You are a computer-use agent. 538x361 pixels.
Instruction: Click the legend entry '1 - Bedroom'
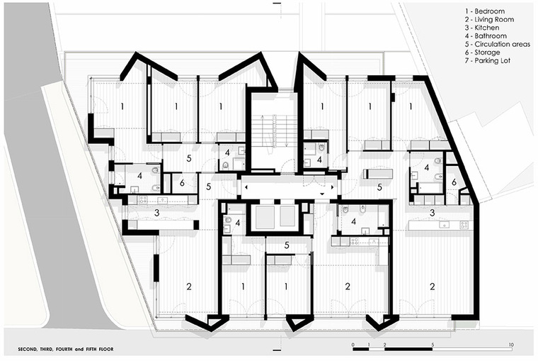(x=485, y=11)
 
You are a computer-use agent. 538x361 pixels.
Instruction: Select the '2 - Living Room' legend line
(x=490, y=20)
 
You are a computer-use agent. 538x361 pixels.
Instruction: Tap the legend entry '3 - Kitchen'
(x=482, y=28)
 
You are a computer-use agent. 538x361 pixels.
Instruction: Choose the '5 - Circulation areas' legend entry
(x=498, y=45)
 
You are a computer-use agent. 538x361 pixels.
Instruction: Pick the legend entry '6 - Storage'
(x=482, y=52)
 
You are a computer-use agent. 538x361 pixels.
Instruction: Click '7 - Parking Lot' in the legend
(x=488, y=61)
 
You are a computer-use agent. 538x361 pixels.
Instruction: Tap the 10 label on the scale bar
(x=511, y=345)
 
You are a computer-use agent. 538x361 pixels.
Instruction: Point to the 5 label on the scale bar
(x=433, y=345)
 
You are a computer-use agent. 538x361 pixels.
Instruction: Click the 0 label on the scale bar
(x=353, y=345)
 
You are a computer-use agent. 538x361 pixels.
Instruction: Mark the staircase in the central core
(x=273, y=130)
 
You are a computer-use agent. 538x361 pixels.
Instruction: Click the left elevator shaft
(x=263, y=216)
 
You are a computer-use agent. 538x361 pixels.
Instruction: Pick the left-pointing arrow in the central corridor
(x=246, y=187)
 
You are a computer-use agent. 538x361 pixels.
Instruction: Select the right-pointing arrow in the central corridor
(x=332, y=187)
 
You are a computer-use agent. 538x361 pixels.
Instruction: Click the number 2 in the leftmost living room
(x=189, y=286)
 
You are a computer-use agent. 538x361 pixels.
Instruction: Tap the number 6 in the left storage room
(x=182, y=182)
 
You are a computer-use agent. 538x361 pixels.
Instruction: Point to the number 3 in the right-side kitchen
(x=433, y=213)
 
